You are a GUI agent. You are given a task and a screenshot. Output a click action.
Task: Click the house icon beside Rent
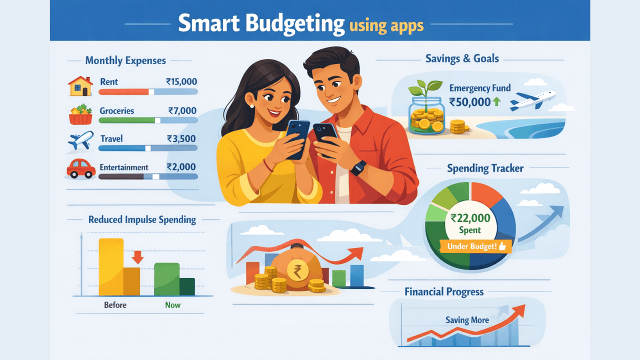pos(80,86)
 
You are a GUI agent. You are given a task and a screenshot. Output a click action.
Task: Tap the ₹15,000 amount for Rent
pos(181,81)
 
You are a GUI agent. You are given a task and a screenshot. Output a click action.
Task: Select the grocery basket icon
pos(80,114)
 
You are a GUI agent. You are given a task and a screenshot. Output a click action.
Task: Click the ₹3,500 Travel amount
pos(181,138)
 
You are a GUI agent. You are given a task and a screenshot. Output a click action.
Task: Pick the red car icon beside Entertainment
pos(80,168)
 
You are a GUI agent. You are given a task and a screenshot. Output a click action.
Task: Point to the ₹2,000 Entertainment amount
pos(181,167)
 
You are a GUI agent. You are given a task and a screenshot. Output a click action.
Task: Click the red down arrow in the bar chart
pos(137,257)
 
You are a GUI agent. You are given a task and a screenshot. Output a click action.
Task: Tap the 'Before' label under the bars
pos(114,305)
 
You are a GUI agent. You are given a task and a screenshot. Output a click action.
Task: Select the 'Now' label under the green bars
pos(173,305)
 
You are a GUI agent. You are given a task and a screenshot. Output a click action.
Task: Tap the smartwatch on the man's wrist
pos(358,168)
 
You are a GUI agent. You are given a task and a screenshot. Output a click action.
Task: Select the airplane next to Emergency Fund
pos(533,100)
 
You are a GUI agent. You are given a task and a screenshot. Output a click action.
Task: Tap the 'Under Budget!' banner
pos(473,245)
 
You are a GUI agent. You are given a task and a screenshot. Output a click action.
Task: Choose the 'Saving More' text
pos(467,320)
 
